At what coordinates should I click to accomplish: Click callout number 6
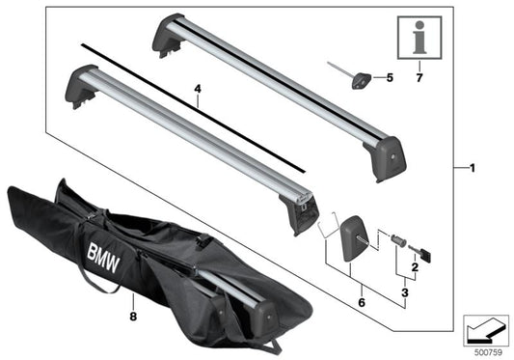(361, 301)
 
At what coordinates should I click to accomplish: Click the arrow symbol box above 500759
(484, 328)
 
